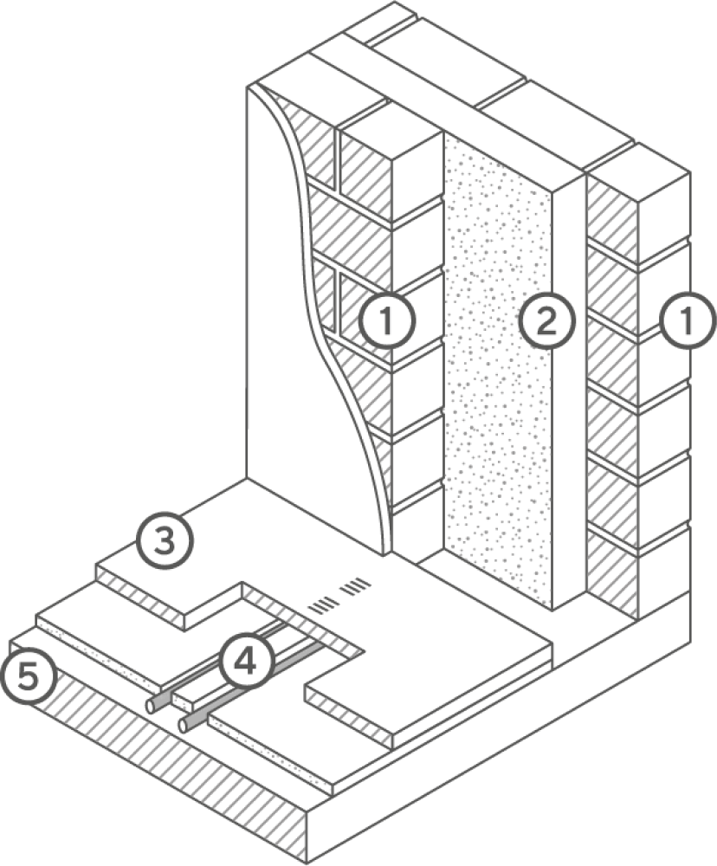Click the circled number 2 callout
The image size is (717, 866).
[546, 321]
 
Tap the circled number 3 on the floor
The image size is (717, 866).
[165, 540]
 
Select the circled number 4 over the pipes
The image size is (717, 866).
[245, 661]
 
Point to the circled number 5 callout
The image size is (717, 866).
[29, 676]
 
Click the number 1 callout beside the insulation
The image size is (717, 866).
[387, 321]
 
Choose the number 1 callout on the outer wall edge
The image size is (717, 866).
[688, 320]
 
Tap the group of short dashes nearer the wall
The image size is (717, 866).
[356, 587]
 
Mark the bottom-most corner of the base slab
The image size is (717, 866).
[306, 863]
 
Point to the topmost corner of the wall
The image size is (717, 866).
[394, 3]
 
